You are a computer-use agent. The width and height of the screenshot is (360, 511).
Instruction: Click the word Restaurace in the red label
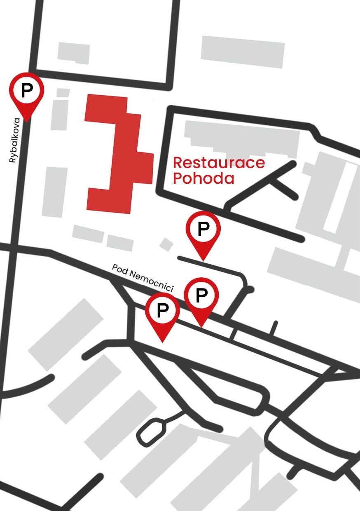point(218,162)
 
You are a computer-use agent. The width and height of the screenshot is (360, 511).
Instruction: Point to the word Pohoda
point(203,179)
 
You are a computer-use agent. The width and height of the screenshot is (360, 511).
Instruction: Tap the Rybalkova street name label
point(14,140)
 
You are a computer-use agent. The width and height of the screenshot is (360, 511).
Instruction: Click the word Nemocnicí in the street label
point(155,283)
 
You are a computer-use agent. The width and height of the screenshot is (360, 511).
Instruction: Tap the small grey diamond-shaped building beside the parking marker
point(166,244)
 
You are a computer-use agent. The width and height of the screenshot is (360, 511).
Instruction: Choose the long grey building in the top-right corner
point(243,52)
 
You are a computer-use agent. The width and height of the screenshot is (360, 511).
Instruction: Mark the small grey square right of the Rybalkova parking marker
point(63,93)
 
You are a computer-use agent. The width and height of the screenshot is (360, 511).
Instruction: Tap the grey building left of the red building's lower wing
point(54,192)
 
